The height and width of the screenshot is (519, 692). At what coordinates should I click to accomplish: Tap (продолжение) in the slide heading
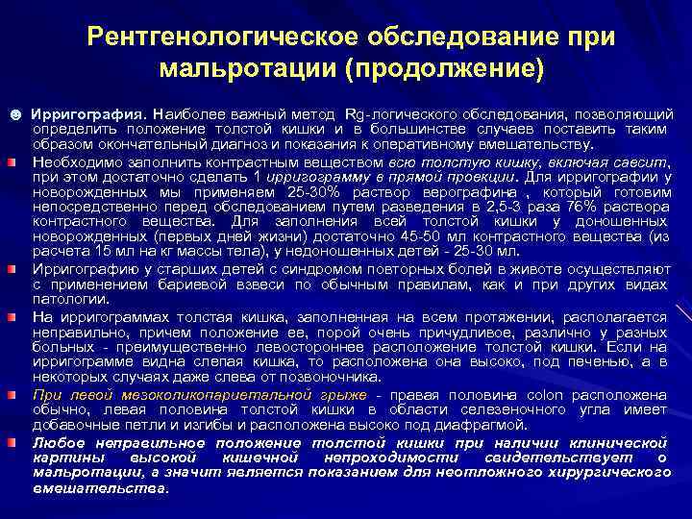coord(442,69)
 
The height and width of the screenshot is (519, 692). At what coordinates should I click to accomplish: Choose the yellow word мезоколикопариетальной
coord(208,395)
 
